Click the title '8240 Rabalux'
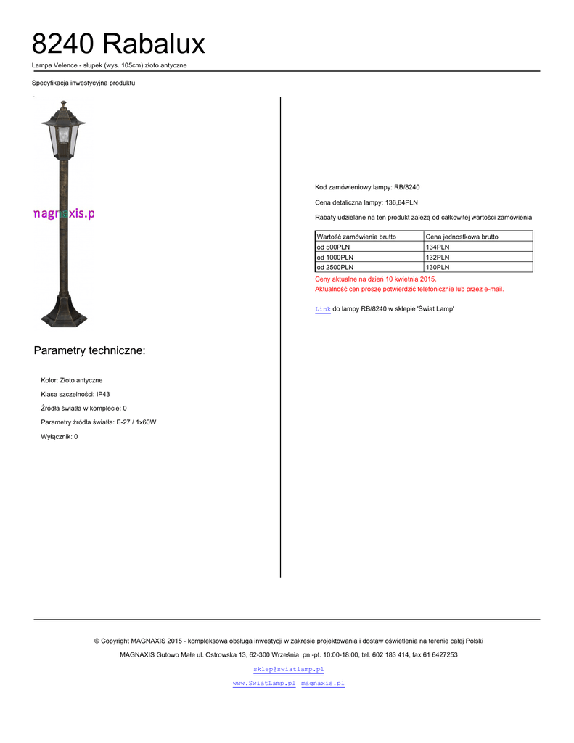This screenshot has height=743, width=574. pyautogui.click(x=118, y=45)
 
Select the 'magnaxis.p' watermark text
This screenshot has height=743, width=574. pyautogui.click(x=64, y=213)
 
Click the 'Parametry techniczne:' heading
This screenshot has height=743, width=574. pyautogui.click(x=89, y=351)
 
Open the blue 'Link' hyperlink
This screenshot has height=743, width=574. pyautogui.click(x=322, y=310)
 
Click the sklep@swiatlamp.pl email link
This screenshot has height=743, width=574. pyautogui.click(x=288, y=669)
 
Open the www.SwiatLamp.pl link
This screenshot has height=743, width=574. pyautogui.click(x=264, y=684)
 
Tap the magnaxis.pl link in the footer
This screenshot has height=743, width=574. pyautogui.click(x=322, y=684)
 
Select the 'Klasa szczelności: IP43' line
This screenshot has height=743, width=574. pyautogui.click(x=75, y=395)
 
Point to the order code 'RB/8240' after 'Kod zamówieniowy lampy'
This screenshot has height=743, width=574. pyautogui.click(x=407, y=187)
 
